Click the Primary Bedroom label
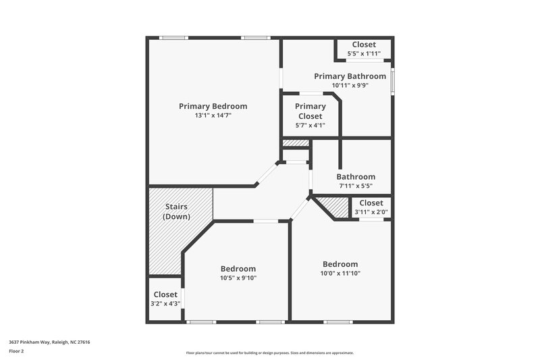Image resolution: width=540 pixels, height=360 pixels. click(x=213, y=106)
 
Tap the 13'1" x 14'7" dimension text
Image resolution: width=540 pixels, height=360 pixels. click(x=213, y=115)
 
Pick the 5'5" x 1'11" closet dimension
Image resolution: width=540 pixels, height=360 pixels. click(x=364, y=53)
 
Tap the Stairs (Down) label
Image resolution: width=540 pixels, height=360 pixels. click(x=177, y=211)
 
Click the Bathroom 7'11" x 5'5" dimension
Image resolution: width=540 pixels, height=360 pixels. click(x=356, y=186)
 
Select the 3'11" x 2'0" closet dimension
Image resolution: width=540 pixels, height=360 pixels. click(x=371, y=212)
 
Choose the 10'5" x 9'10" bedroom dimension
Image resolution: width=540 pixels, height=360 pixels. click(x=238, y=278)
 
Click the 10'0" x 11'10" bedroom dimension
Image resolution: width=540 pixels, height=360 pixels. click(x=340, y=273)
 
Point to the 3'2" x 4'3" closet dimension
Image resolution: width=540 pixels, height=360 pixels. click(x=165, y=303)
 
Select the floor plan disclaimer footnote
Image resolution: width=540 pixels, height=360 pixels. click(x=270, y=353)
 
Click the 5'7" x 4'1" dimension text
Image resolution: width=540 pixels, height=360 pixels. click(x=310, y=125)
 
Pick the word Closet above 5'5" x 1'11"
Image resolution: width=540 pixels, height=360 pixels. click(x=364, y=45)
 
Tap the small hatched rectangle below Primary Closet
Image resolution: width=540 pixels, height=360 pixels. click(x=295, y=143)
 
